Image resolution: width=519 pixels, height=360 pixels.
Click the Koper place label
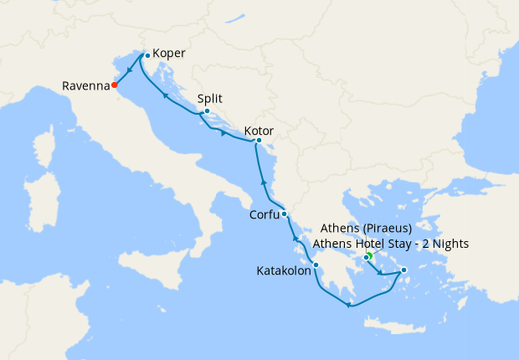point(169,54)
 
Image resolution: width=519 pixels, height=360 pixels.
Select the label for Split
point(209,97)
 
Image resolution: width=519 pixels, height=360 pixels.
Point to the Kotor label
point(259,131)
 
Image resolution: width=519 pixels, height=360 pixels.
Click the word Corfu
point(265,215)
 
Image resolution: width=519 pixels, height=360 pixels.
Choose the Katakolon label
point(283,270)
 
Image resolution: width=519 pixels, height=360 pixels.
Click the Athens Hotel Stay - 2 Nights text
point(390,244)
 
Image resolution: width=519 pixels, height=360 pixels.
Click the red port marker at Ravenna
point(115,85)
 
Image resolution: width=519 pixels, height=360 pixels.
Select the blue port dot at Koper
point(146,55)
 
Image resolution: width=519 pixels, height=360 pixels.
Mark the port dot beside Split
point(207,111)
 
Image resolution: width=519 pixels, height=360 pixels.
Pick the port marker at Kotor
point(259,141)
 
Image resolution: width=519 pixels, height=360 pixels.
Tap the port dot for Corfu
point(285,213)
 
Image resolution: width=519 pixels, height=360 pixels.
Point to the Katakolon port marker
point(316,265)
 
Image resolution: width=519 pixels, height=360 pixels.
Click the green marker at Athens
point(368,255)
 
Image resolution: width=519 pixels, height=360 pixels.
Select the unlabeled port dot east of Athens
point(403,270)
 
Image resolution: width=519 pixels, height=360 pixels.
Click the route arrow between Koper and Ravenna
point(131,70)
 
